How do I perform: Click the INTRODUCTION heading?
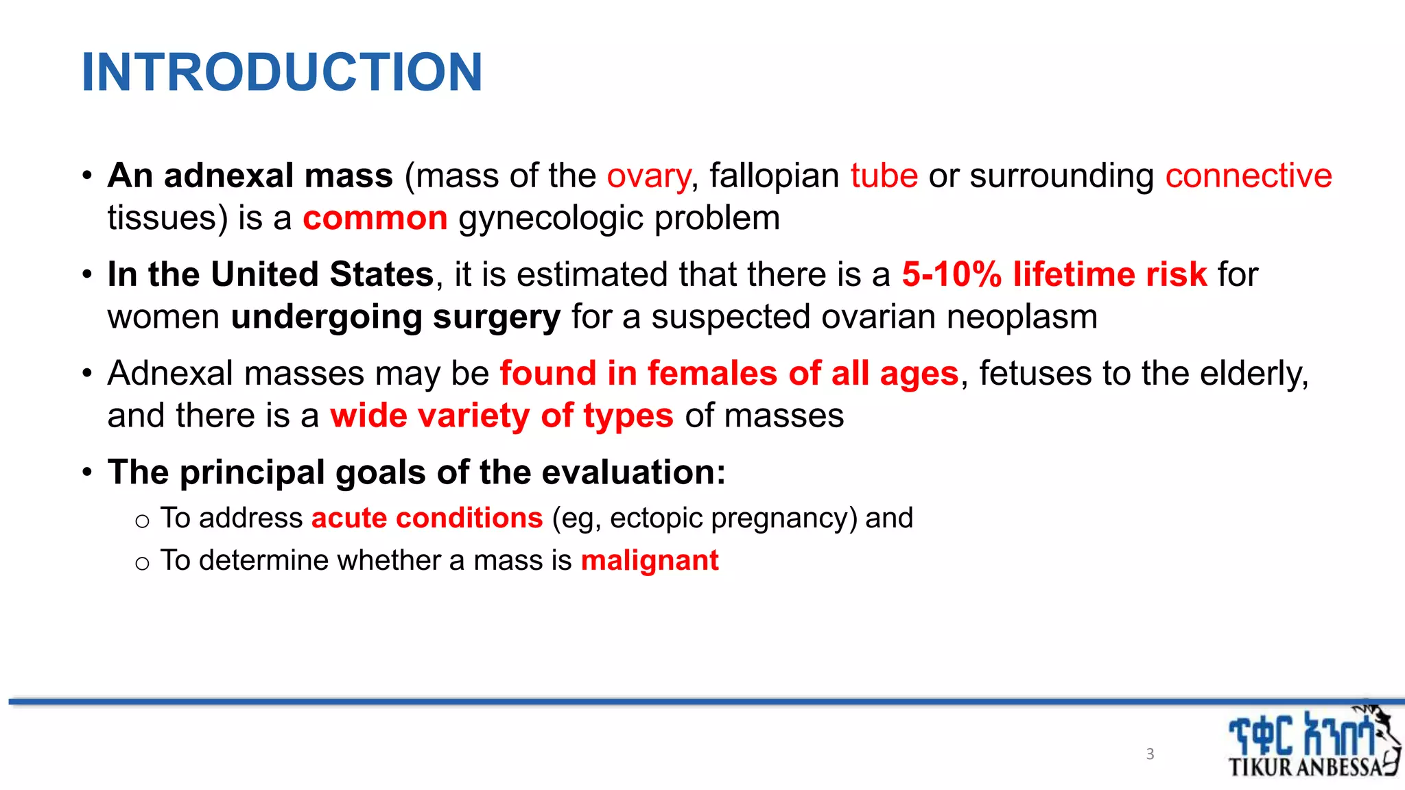[x=281, y=72]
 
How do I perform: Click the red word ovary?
[x=648, y=176]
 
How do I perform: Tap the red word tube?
[x=884, y=176]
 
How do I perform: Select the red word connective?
[x=1248, y=176]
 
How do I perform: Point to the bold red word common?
[x=375, y=219]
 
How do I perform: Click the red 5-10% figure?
[x=951, y=275]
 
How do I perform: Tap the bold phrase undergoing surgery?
[x=395, y=318]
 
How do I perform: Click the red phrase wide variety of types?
[x=501, y=416]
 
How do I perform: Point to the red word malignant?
[x=649, y=560]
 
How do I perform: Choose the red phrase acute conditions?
[x=427, y=518]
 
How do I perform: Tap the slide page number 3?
[x=1150, y=754]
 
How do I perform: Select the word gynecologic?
[x=550, y=219]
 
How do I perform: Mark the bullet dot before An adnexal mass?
[x=87, y=176]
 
